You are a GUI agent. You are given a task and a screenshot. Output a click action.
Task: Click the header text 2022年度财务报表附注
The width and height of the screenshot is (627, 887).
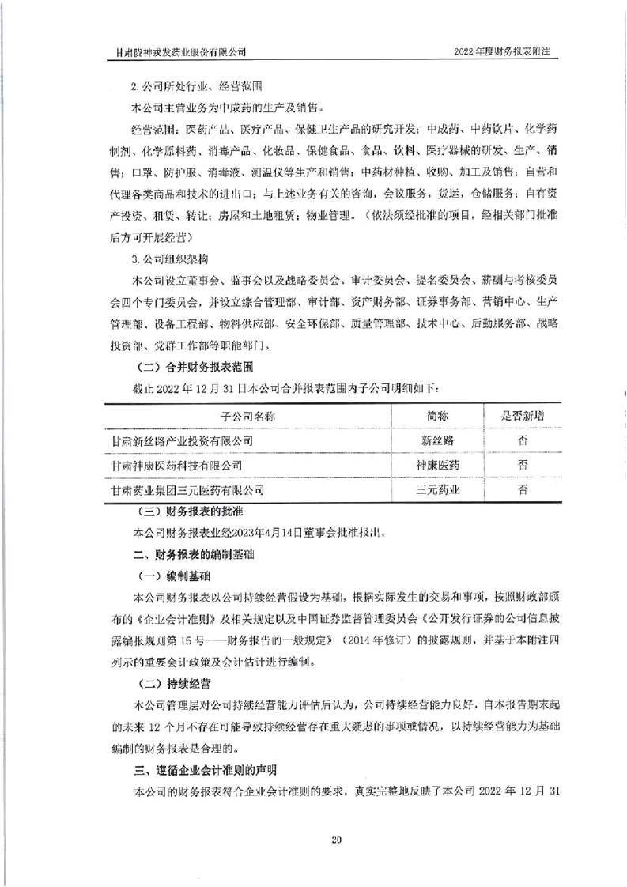502,51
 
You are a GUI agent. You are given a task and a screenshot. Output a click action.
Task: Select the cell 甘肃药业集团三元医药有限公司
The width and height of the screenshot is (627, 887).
189,490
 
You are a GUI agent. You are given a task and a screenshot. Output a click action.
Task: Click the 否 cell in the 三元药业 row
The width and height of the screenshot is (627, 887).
523,490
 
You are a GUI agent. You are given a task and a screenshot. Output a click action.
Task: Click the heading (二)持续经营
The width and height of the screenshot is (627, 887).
172,681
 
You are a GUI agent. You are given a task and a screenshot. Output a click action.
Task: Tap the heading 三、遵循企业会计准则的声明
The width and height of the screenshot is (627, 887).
199,768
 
